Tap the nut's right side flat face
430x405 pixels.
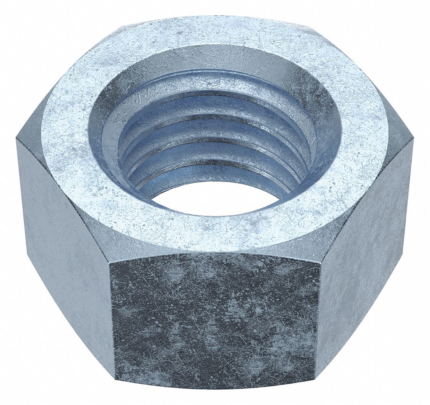(367, 244)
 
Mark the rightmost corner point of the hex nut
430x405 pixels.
(414, 140)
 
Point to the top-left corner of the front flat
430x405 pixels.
(109, 263)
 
